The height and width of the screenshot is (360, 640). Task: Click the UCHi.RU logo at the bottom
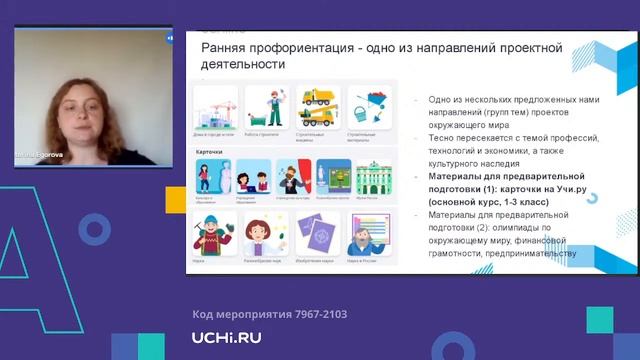[226, 337]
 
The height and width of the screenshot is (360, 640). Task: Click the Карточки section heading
[209, 153]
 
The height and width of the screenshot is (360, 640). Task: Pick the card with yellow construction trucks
[316, 107]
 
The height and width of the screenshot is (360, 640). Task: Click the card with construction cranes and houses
[216, 107]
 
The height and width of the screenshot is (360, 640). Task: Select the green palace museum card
[370, 179]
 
